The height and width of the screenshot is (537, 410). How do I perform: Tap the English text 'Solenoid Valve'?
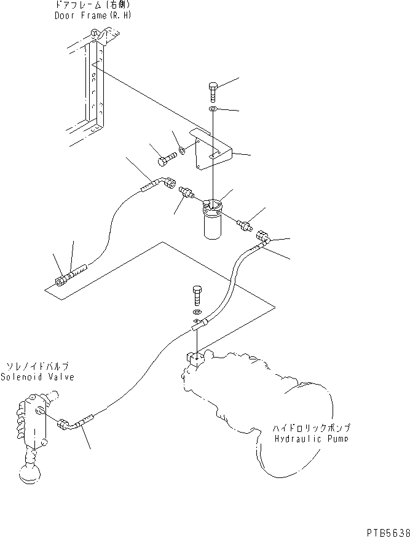click(37, 377)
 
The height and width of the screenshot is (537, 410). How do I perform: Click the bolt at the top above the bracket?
click(212, 91)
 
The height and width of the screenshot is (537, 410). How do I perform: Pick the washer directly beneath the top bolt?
click(212, 109)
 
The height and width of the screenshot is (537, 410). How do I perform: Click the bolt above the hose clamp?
click(197, 296)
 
